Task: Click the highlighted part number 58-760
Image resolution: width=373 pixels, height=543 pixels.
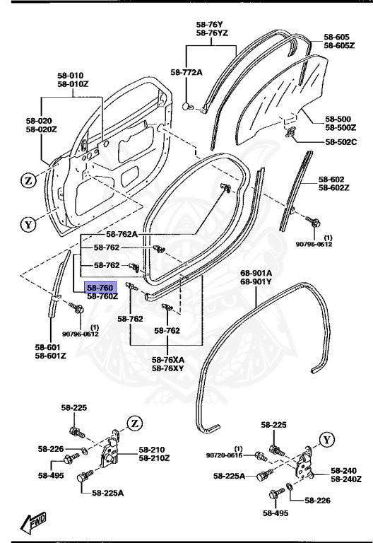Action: (98, 288)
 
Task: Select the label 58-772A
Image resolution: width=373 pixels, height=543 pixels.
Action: (186, 72)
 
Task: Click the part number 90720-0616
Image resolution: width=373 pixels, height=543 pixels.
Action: (225, 456)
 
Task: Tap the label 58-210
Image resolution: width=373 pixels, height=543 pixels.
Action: (153, 450)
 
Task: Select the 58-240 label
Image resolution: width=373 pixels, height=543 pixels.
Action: (345, 470)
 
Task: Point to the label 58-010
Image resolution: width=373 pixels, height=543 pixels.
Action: (74, 75)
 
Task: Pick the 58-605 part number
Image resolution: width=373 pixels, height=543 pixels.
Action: (337, 37)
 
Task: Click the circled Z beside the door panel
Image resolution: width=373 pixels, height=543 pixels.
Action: (28, 180)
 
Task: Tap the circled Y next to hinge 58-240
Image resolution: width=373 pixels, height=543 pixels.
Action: (326, 439)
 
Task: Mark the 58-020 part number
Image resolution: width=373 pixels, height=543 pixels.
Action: (41, 121)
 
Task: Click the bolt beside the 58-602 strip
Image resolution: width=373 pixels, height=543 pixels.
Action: (309, 222)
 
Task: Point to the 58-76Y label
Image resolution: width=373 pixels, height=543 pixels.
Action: (211, 24)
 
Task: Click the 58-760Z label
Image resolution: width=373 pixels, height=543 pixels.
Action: (101, 298)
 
